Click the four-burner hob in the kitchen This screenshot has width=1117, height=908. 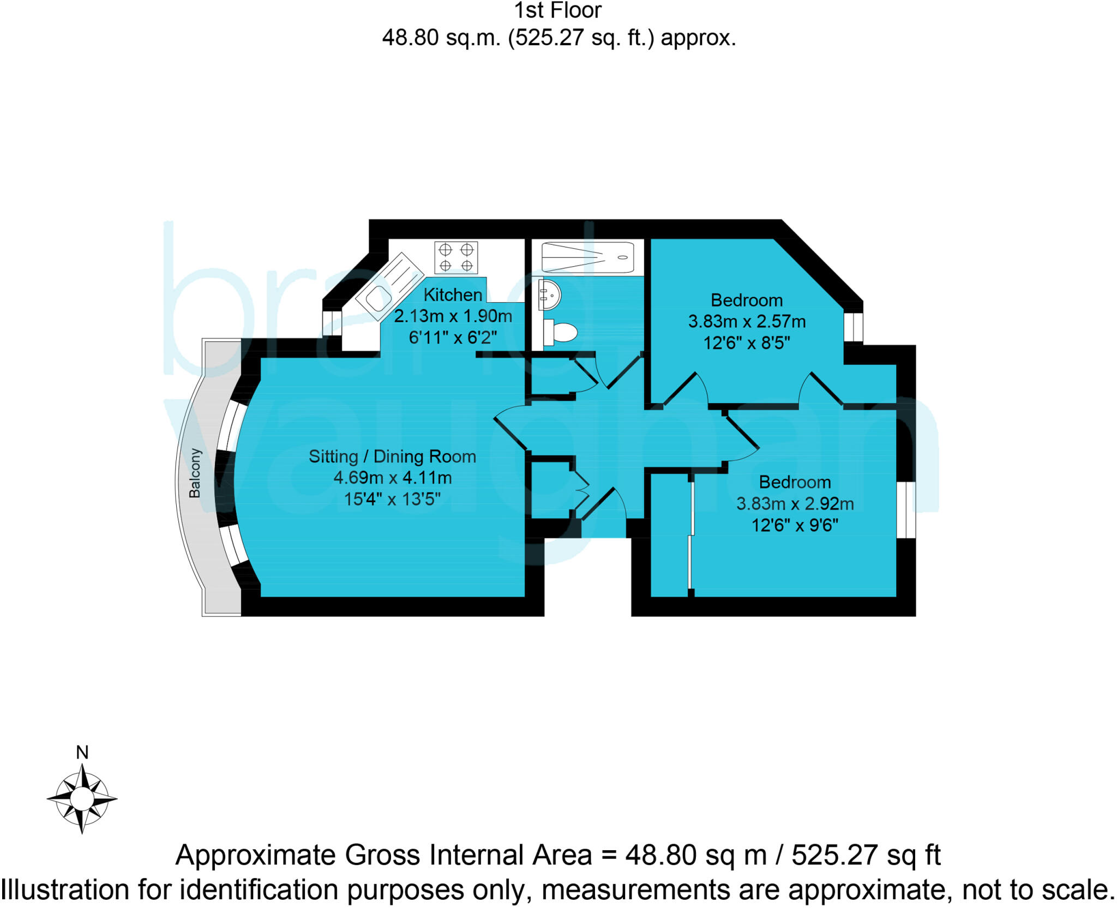tap(456, 257)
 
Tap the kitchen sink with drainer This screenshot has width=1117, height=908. tap(389, 286)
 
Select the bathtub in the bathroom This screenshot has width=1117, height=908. tap(587, 257)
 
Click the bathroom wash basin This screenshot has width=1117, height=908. tap(550, 295)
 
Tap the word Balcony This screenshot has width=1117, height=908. tap(195, 473)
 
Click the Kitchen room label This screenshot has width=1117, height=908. tap(453, 295)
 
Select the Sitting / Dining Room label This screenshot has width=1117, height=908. tap(392, 456)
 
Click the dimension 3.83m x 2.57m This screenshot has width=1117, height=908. tap(747, 322)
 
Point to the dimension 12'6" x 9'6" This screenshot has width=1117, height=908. tap(795, 525)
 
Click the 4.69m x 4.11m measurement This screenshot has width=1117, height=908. tap(392, 478)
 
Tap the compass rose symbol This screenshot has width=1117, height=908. tap(82, 798)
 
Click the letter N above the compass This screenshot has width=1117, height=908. tap(82, 753)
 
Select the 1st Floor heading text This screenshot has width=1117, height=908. tap(557, 11)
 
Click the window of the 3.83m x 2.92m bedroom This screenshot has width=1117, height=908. tap(906, 510)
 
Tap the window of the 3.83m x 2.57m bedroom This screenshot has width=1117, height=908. tap(854, 327)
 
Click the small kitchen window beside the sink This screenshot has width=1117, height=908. tap(332, 323)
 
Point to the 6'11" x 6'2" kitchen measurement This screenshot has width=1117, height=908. tap(453, 338)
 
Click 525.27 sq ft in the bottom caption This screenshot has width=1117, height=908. tap(866, 855)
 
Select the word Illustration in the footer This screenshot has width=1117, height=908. tap(65, 890)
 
